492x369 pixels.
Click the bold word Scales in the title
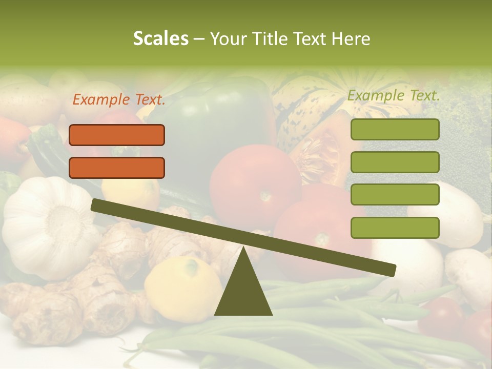[161, 38]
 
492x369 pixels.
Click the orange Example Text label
[119, 100]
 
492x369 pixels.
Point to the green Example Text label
[394, 95]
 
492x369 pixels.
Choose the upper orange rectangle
[117, 135]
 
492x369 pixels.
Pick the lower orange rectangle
[117, 168]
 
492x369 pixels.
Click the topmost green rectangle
[395, 129]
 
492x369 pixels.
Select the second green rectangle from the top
[395, 162]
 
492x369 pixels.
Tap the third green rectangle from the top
[395, 194]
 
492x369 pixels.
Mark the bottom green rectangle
[395, 228]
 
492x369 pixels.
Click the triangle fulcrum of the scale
[243, 290]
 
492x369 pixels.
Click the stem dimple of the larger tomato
[265, 195]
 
